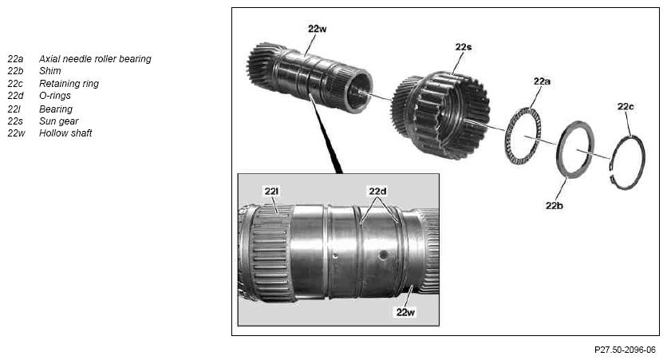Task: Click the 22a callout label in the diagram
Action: coord(542,81)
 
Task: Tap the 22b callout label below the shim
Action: coord(555,206)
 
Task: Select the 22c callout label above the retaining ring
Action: coord(626,107)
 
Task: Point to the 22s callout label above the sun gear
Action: coord(464,47)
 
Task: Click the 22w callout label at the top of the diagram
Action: coord(318,29)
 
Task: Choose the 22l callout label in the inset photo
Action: coord(271,192)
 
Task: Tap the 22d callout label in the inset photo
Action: coord(377,192)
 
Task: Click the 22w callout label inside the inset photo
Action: coord(405,312)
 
